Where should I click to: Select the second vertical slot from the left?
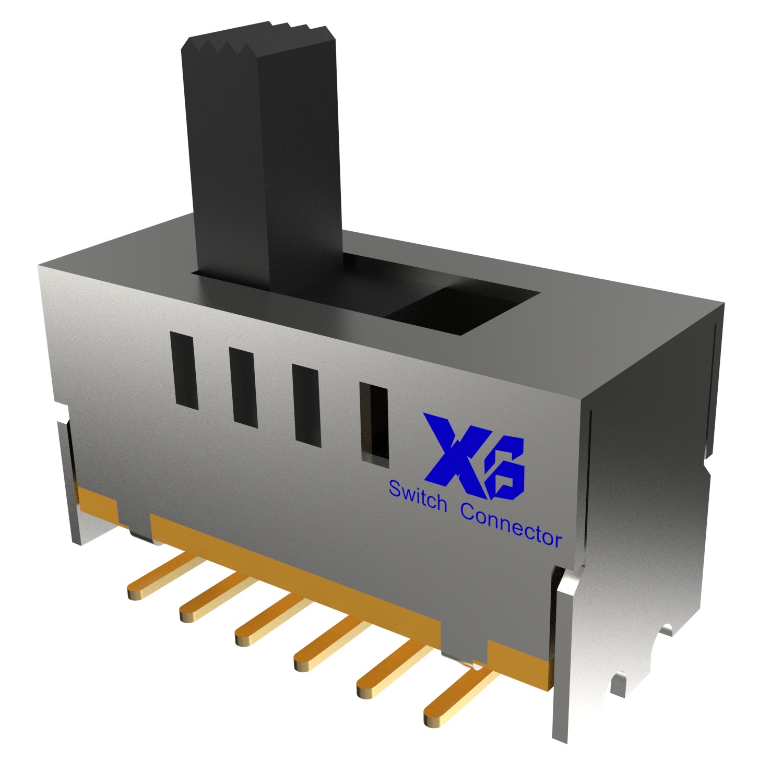243,388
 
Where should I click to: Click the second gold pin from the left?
214,598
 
